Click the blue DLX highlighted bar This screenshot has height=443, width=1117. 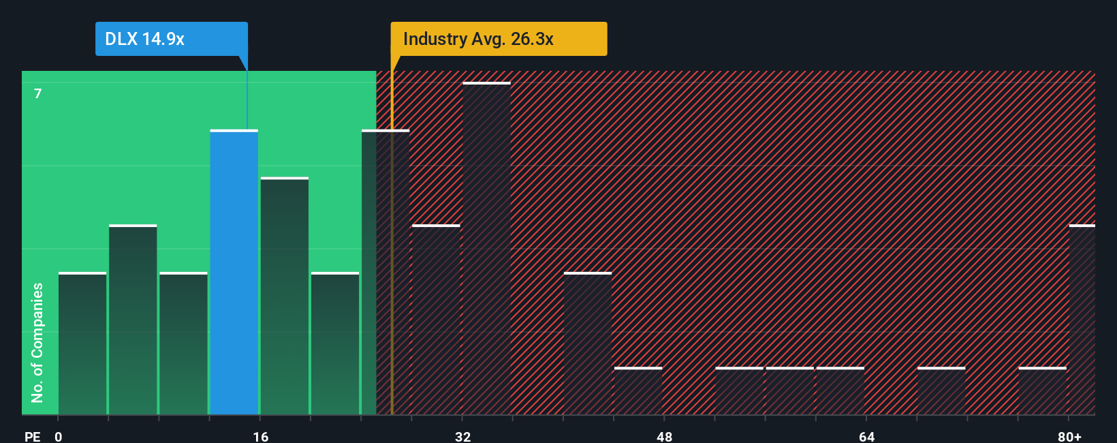234,273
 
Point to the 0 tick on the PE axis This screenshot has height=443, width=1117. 59,436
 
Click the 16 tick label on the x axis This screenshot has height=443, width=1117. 260,436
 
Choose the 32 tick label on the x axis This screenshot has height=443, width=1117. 462,436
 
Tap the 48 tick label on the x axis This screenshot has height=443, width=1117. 664,436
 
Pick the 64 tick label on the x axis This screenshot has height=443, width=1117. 866,436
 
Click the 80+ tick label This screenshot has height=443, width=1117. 1069,436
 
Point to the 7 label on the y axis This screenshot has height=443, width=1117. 38,93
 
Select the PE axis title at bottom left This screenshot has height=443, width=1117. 32,436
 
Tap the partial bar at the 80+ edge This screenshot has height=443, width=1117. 1082,320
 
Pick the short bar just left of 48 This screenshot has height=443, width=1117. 638,391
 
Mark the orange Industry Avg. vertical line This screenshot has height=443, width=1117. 392,204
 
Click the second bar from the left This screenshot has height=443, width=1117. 133,320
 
